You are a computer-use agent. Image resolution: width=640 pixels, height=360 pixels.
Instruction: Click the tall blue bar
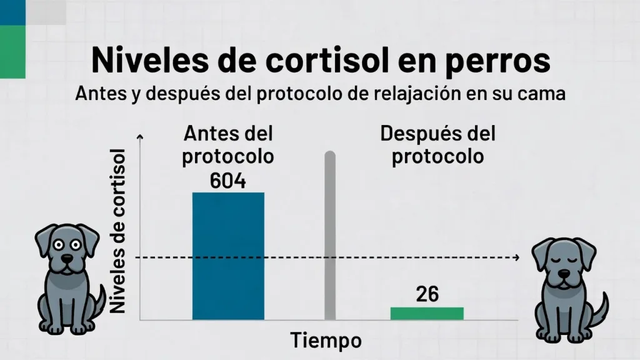coord(228,256)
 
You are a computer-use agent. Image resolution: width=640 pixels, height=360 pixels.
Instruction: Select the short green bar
coord(427,313)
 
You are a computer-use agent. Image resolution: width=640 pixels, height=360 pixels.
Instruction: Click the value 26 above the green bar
coord(427,294)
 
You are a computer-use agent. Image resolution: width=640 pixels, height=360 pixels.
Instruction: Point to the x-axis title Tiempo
coord(326,341)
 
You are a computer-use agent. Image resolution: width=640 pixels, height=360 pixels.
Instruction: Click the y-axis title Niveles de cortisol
coord(118,231)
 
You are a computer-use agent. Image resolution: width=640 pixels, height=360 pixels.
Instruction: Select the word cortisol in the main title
coord(324,61)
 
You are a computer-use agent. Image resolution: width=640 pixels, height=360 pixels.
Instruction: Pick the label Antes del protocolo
coord(228,145)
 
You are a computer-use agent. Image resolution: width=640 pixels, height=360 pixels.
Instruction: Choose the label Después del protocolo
coord(437,145)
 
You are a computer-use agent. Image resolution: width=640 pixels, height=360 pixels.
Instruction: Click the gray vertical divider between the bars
coord(330,237)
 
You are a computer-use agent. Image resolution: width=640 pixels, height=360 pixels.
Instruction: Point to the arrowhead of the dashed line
coord(516,257)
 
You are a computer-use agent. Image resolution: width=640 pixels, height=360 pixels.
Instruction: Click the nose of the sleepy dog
coord(564,273)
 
